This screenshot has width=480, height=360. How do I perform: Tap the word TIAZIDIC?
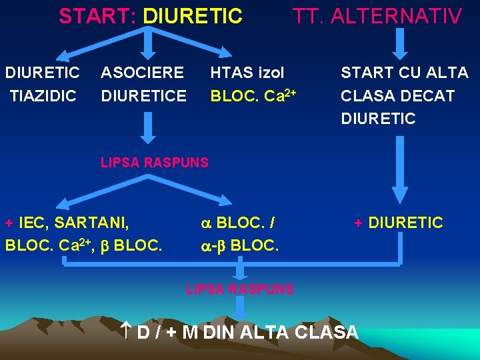(x=43, y=96)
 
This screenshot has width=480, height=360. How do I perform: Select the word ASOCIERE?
(x=142, y=72)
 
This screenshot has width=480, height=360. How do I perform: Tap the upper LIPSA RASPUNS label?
(x=154, y=162)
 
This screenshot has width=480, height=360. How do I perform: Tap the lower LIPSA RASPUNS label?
(x=239, y=289)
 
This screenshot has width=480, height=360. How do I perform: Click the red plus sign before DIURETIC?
(x=358, y=223)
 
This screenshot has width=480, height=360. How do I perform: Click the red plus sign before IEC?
(x=9, y=222)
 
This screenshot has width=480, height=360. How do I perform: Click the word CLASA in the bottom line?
(x=325, y=331)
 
